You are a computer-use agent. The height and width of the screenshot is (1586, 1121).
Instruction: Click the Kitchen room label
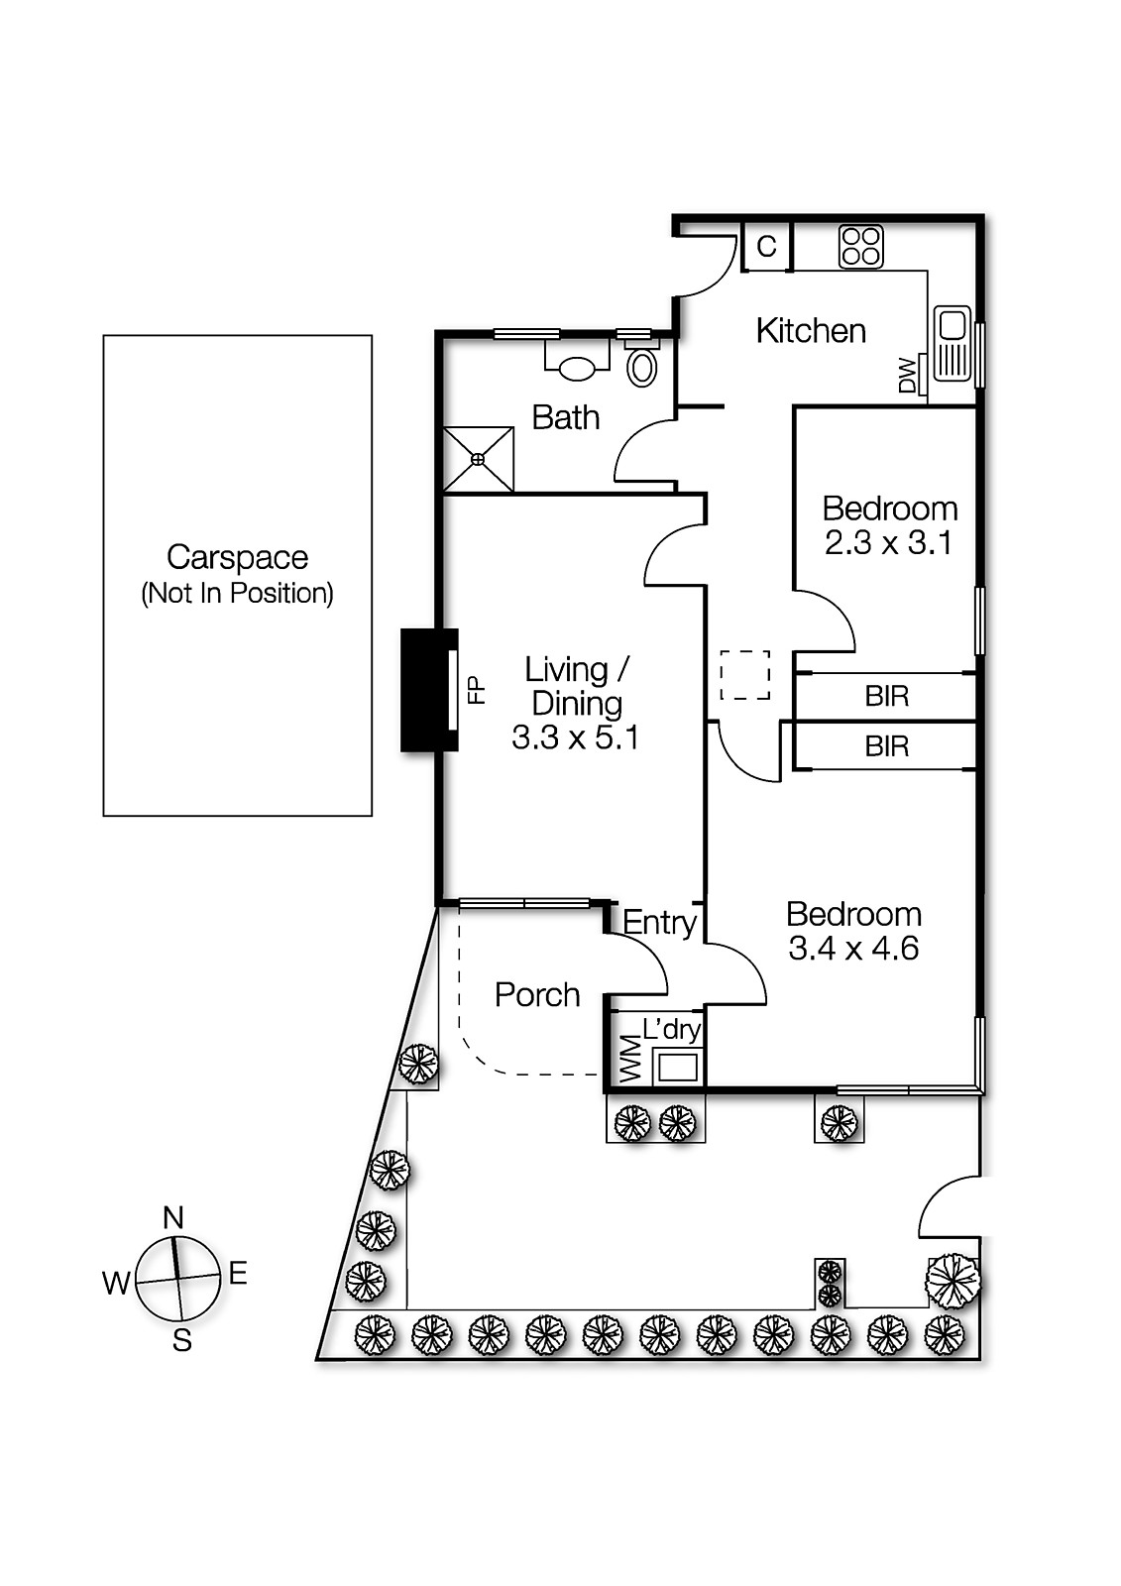tap(810, 330)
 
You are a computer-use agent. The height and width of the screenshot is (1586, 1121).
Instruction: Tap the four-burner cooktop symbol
tap(860, 246)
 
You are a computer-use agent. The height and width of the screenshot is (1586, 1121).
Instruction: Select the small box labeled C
tap(767, 246)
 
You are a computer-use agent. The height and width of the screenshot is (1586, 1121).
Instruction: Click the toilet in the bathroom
tap(643, 366)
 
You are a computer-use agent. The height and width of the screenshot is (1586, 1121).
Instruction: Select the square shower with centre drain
tap(479, 459)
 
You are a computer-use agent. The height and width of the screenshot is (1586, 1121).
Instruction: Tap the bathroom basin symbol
tap(578, 368)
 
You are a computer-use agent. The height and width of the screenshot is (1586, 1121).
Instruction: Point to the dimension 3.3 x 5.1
tap(575, 737)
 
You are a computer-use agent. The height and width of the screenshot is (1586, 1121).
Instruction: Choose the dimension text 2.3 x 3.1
tap(888, 543)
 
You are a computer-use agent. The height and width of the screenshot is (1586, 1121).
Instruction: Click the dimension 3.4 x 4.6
tap(852, 949)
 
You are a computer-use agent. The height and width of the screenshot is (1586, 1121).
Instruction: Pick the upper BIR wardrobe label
tap(886, 696)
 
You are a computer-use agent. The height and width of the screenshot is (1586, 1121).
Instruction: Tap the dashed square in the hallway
tap(745, 675)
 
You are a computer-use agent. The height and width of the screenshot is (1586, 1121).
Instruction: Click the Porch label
tap(537, 994)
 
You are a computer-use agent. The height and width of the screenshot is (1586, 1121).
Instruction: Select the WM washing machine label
tap(629, 1060)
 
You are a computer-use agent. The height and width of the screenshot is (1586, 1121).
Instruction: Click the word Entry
tap(659, 923)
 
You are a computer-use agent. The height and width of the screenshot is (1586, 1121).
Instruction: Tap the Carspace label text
tap(237, 557)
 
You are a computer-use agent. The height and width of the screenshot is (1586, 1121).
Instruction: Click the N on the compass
tap(173, 1217)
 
